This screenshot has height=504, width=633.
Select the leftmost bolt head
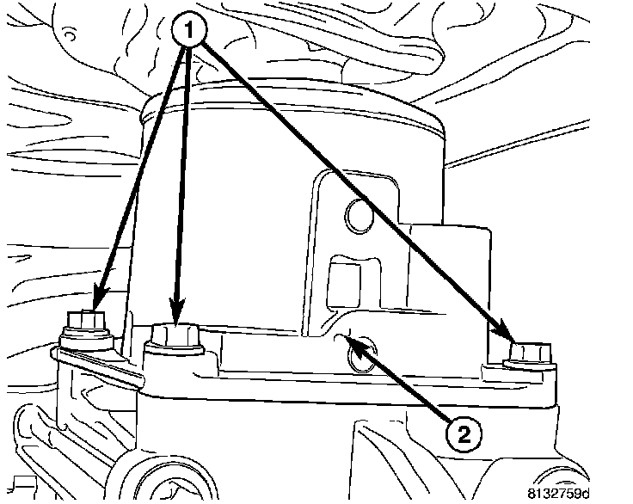83,323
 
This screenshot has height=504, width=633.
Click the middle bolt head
175,335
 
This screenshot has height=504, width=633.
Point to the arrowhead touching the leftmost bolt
96,301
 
